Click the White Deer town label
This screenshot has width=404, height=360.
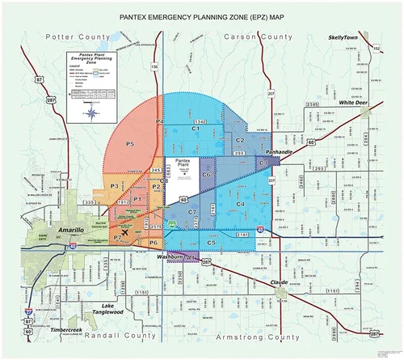click(353, 103)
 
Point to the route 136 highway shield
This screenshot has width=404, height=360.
click(154, 65)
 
